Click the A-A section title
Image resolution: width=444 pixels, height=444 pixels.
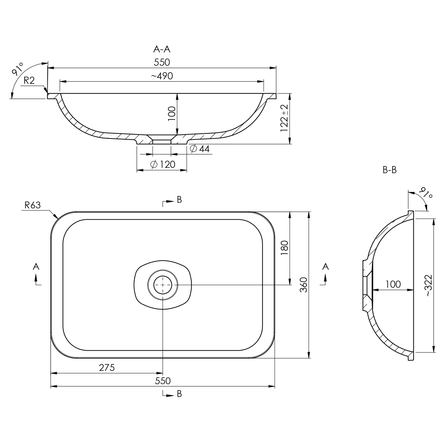click(x=162, y=49)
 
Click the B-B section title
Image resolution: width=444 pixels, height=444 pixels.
click(x=390, y=170)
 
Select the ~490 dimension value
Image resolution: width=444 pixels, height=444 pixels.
click(x=162, y=76)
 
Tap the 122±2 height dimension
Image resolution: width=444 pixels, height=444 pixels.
click(x=284, y=118)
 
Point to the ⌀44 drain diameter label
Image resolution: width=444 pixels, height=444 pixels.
click(x=200, y=149)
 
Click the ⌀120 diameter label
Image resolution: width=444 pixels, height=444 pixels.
click(x=163, y=164)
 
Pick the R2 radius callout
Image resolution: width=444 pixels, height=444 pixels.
click(x=29, y=81)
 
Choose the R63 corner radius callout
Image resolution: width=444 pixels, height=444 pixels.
click(x=33, y=205)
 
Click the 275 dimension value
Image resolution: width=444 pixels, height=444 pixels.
click(x=107, y=368)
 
